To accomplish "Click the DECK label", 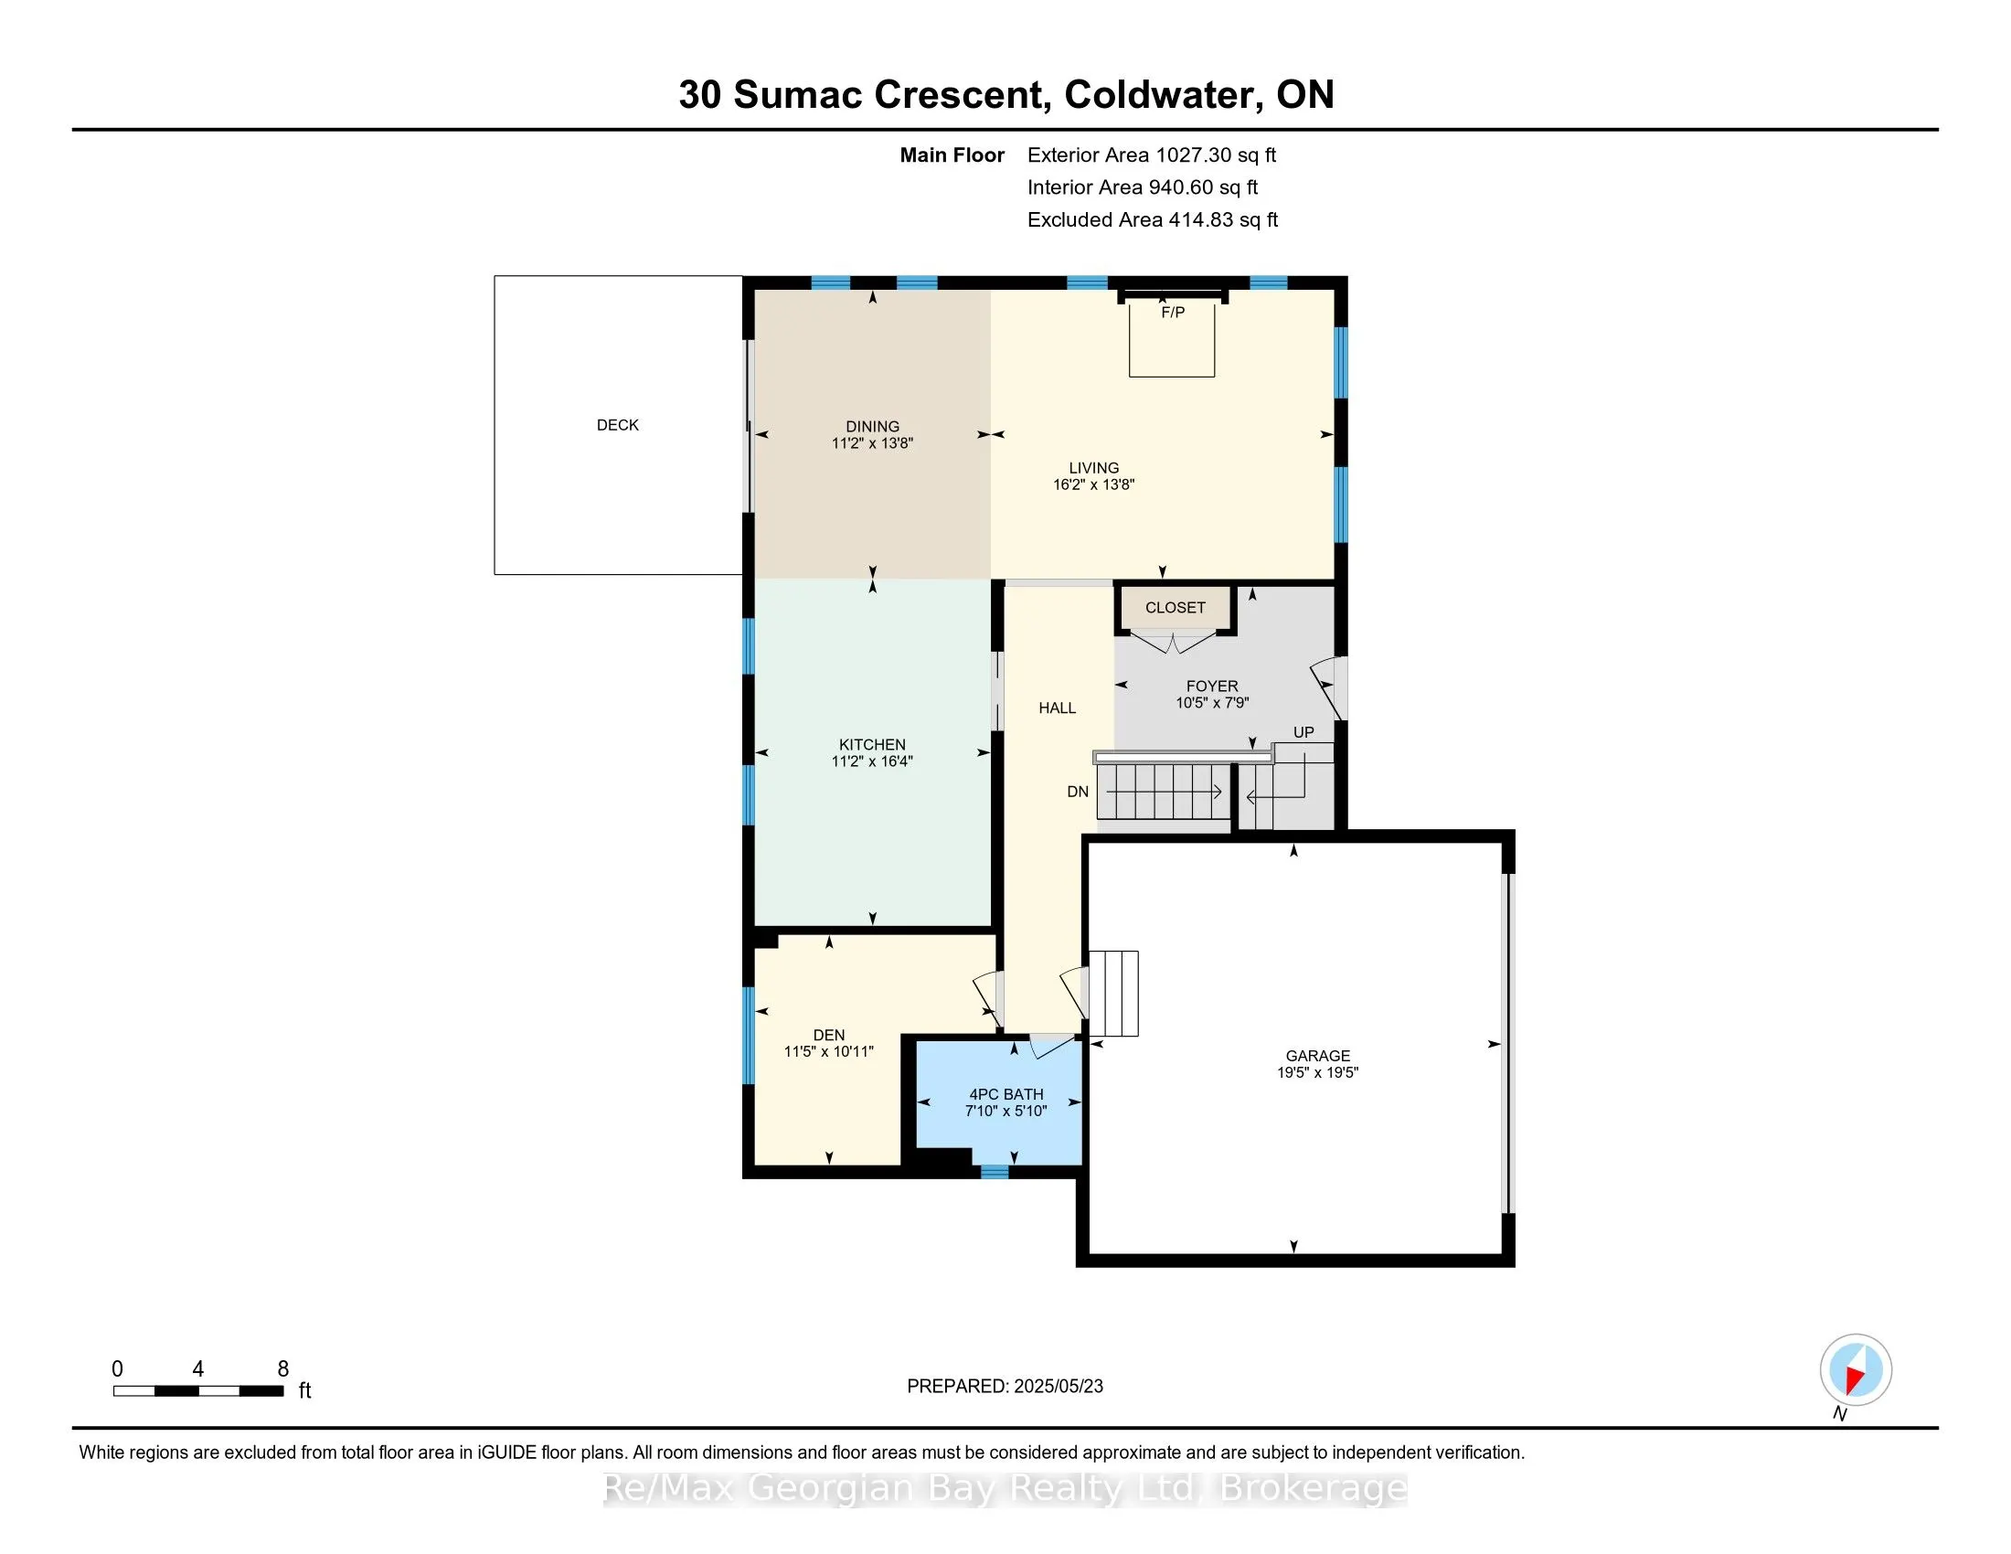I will [x=617, y=424].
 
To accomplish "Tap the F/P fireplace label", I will [x=1172, y=313].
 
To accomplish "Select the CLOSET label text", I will [x=1175, y=608].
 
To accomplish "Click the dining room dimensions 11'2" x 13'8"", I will [x=872, y=442].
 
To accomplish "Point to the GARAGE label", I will [x=1317, y=1056].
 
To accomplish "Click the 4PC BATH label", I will [x=1005, y=1094].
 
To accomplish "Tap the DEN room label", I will [x=829, y=1035].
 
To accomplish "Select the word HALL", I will [x=1057, y=708].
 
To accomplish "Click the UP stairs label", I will [x=1303, y=733].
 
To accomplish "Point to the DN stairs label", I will [x=1078, y=792].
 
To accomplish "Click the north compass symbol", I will [x=1856, y=1370].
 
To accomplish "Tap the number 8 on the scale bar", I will [x=283, y=1369].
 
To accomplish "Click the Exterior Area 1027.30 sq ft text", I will [x=1151, y=155].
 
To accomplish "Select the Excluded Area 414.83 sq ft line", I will [x=1152, y=220].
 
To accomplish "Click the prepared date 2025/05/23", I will [x=1057, y=1387].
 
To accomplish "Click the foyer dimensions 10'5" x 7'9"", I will [x=1212, y=702].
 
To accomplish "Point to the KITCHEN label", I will [x=872, y=745].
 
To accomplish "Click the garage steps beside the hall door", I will [x=1114, y=994].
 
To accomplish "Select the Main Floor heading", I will [x=952, y=155].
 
